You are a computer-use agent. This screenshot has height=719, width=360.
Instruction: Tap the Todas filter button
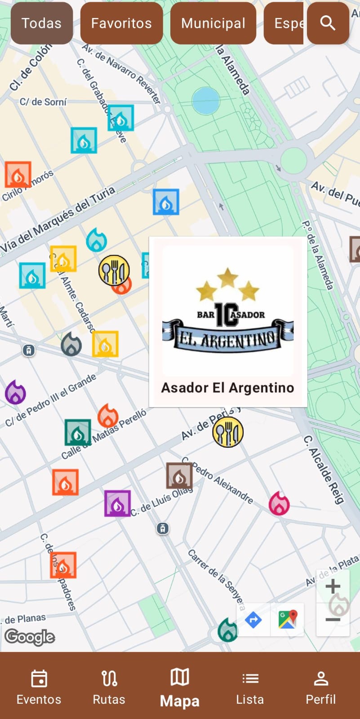(41, 23)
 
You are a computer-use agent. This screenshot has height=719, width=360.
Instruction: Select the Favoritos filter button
(121, 23)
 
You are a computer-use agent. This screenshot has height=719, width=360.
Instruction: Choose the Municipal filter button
(213, 23)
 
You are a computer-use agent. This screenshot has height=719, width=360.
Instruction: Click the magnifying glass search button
(328, 23)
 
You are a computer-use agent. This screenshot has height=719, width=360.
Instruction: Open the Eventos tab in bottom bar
(39, 687)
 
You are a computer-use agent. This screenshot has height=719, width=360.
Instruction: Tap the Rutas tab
(109, 687)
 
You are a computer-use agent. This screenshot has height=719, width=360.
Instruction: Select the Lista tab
(250, 687)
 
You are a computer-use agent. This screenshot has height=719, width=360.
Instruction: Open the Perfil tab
(320, 687)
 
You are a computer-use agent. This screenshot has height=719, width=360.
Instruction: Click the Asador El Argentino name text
(227, 387)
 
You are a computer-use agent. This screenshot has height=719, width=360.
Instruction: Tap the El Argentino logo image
(228, 311)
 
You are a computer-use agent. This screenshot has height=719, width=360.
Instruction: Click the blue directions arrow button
(253, 620)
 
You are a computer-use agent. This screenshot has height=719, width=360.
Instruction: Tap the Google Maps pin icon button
(288, 620)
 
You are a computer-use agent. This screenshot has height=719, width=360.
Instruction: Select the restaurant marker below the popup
(228, 432)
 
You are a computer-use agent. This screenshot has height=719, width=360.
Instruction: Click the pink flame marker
(279, 503)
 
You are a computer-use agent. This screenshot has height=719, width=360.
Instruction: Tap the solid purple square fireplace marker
(117, 503)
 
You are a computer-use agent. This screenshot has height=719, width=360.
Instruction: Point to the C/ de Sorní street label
(43, 102)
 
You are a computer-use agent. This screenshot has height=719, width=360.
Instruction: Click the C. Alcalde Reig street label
(324, 469)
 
